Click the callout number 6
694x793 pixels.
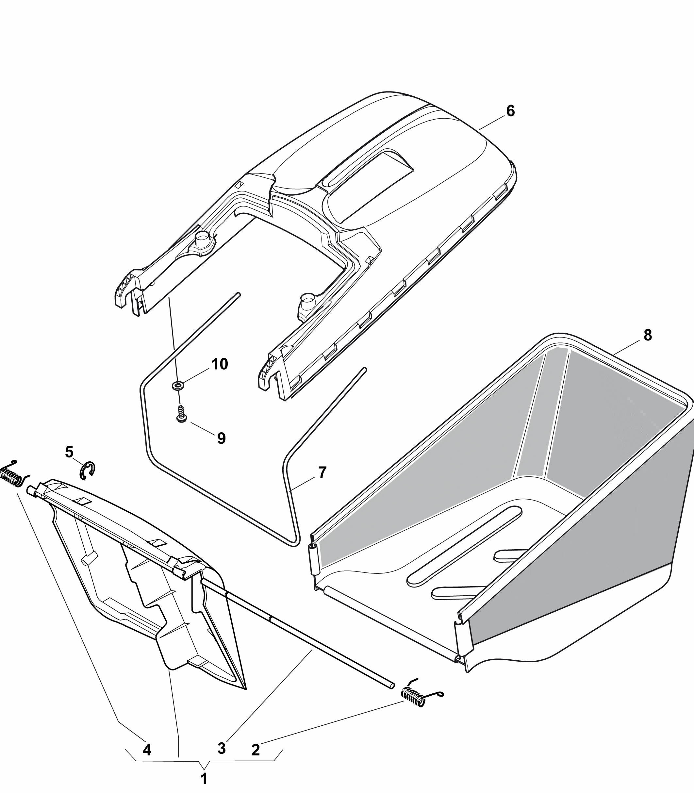click(510, 111)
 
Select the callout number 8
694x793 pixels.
click(648, 335)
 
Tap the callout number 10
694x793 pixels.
click(220, 364)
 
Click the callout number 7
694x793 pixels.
click(322, 472)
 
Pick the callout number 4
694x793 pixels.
click(147, 750)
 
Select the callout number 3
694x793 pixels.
click(222, 749)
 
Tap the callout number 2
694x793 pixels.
click(256, 750)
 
